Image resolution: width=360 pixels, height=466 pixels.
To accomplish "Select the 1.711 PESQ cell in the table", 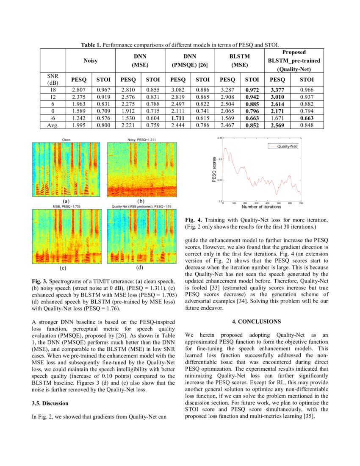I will click(x=178, y=117).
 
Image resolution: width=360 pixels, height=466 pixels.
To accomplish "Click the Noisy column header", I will click(x=90, y=61).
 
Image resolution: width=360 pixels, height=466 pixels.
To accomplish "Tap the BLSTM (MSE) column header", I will click(x=240, y=61).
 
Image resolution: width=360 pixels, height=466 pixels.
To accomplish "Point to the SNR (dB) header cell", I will click(x=53, y=79).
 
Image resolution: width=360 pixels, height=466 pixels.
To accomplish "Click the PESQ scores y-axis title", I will click(x=214, y=169).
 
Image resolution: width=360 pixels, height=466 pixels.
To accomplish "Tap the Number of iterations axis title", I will click(x=261, y=207).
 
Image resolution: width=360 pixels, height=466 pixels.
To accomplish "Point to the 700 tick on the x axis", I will click(x=301, y=203).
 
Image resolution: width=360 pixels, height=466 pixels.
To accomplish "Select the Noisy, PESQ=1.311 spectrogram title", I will click(x=141, y=139).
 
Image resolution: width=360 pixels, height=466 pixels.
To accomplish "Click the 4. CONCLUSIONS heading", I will click(x=257, y=322).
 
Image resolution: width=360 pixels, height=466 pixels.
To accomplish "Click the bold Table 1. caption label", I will click(x=91, y=44).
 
